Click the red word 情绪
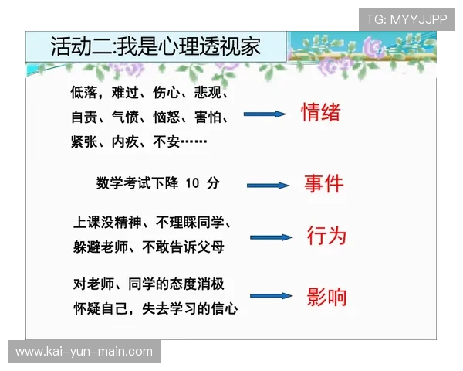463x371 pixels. tap(320, 113)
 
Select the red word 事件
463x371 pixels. tap(323, 184)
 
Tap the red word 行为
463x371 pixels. tap(326, 235)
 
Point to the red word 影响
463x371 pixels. tap(326, 296)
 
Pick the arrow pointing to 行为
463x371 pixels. tap(271, 237)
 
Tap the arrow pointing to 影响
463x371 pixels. tap(271, 296)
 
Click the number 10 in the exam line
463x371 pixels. tap(193, 183)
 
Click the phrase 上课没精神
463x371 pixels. tap(104, 223)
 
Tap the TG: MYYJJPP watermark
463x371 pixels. tap(407, 19)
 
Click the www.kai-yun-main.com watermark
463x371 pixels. tap(84, 352)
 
